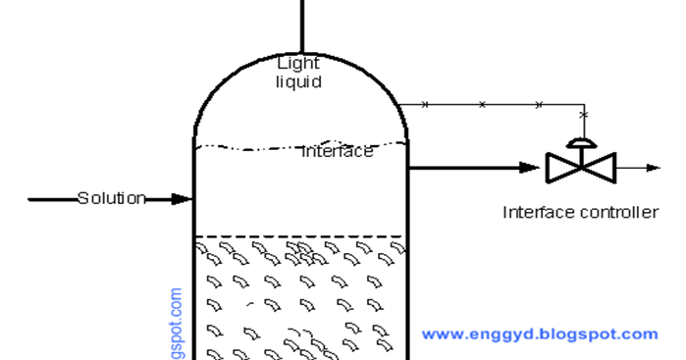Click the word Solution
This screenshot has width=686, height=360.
(x=112, y=198)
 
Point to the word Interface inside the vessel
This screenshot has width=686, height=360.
(x=338, y=151)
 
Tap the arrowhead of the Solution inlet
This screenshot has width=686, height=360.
(x=183, y=199)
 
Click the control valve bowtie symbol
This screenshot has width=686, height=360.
(x=581, y=168)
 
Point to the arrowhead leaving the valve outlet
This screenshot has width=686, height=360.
(x=653, y=168)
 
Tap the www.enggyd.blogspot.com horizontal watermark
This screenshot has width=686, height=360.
(x=540, y=334)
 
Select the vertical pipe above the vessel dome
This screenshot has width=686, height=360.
(x=300, y=25)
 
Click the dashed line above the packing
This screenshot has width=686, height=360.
(x=299, y=236)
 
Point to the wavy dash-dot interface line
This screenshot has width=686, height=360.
(x=245, y=148)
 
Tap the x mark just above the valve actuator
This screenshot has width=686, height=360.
(x=583, y=116)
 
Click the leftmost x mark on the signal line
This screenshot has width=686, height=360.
(x=424, y=104)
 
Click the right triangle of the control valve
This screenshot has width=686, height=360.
(x=599, y=168)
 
